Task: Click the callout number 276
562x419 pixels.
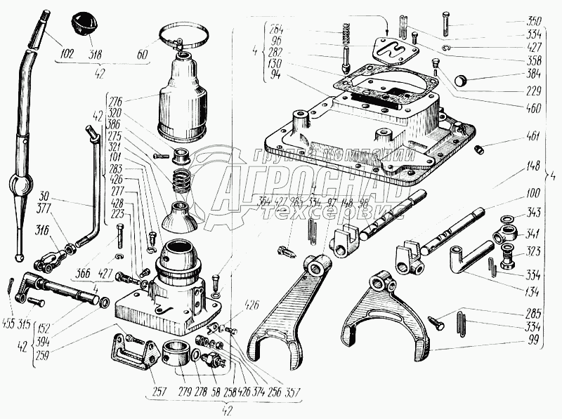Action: pyautogui.click(x=115, y=102)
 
